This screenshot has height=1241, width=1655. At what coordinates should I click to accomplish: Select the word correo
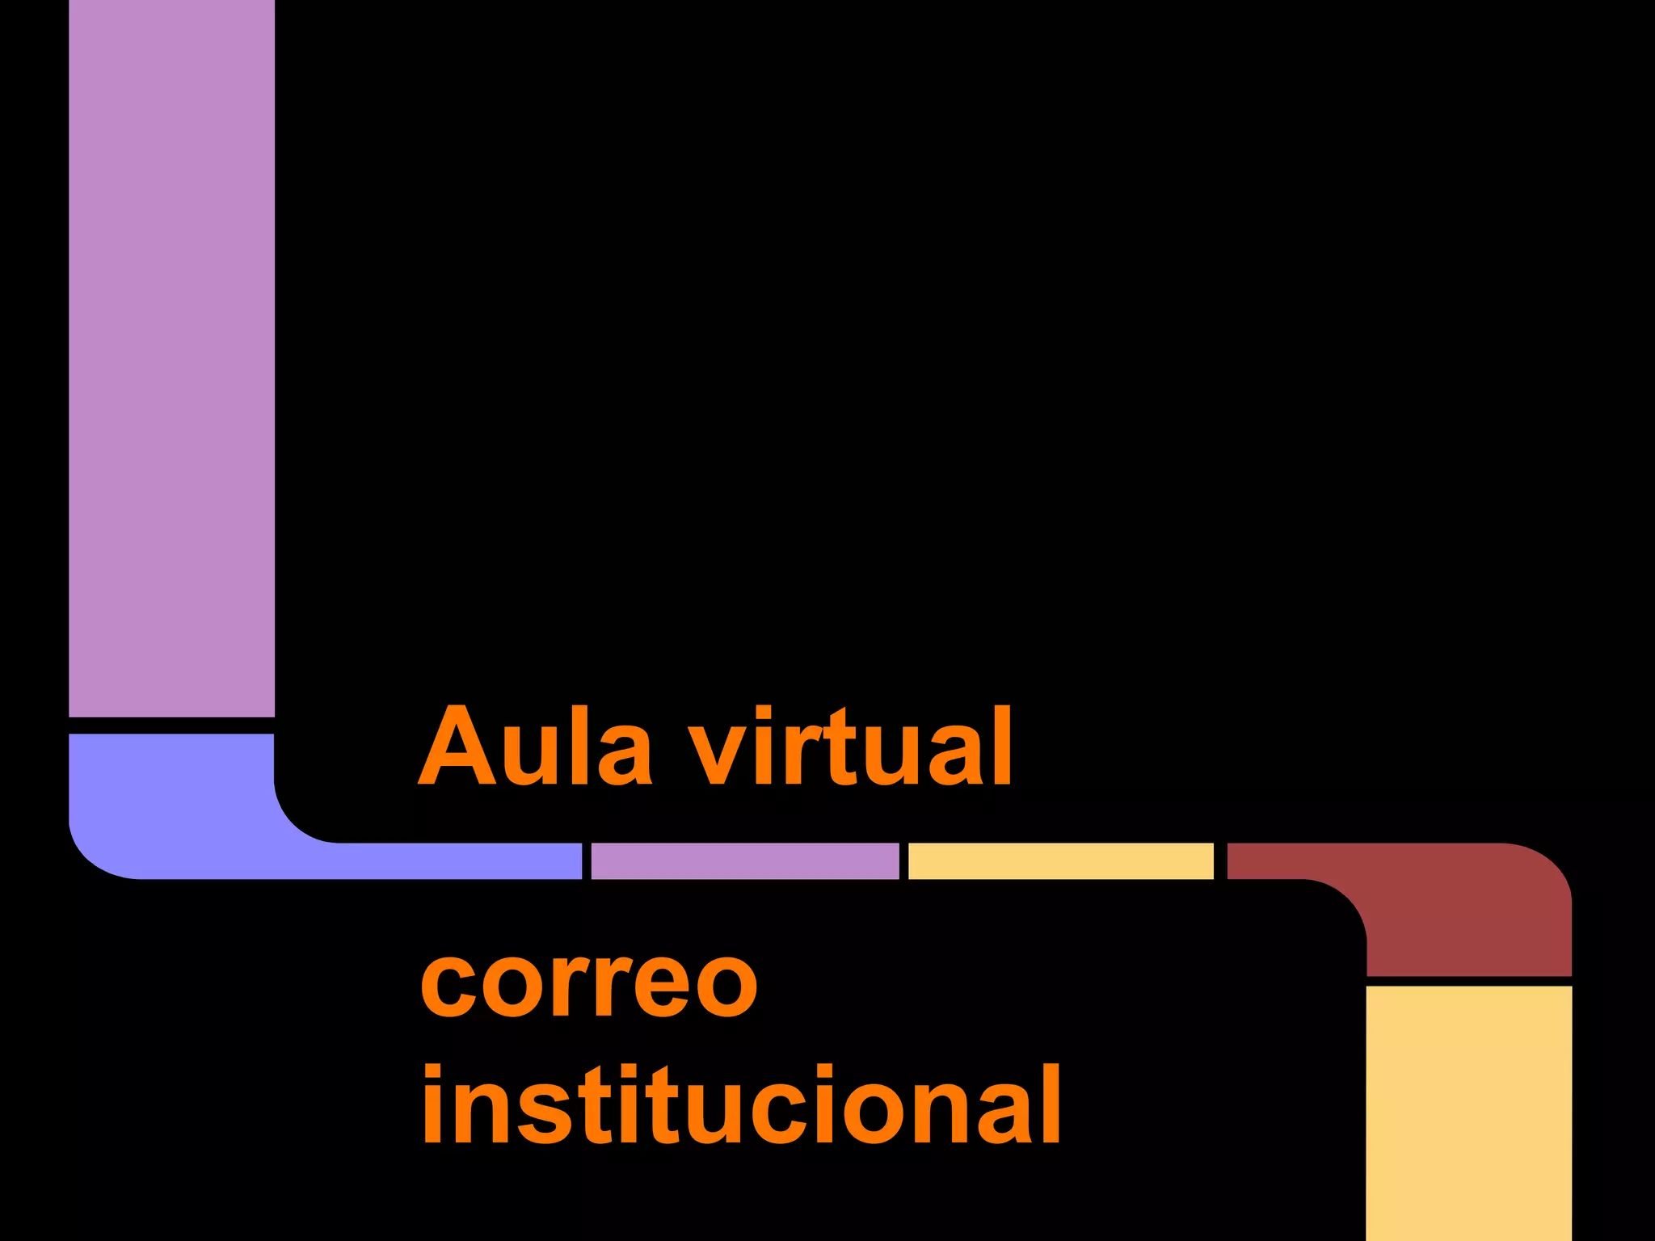(589, 983)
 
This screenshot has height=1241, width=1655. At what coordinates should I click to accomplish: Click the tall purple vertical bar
(171, 355)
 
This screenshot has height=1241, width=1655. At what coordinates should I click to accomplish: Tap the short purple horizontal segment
(744, 861)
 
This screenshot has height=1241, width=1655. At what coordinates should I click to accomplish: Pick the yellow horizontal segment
(1060, 861)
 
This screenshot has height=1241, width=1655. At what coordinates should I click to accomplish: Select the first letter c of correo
(448, 985)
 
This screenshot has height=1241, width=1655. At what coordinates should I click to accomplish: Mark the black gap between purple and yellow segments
(903, 861)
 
